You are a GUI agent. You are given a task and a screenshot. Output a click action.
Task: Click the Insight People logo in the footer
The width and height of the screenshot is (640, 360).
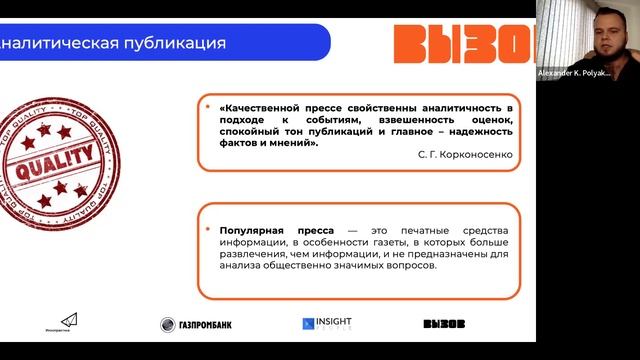click(327, 324)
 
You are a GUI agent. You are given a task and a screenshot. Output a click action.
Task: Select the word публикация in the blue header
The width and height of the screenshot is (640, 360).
click(176, 44)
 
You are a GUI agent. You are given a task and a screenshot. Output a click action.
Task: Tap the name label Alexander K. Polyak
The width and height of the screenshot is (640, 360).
click(587, 74)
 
